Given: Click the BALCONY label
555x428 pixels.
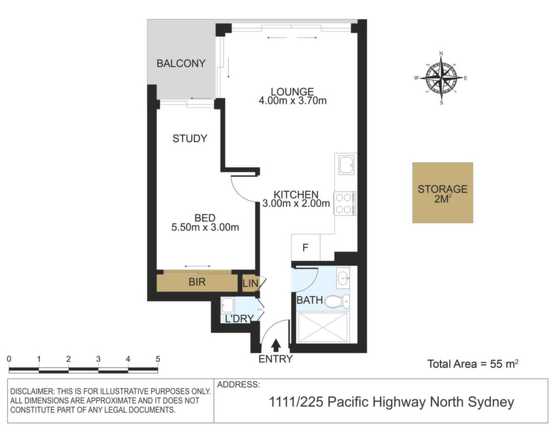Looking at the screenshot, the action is [181, 63].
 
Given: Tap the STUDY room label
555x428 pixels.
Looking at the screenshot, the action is [190, 138].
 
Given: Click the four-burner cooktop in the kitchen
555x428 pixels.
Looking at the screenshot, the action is [345, 203].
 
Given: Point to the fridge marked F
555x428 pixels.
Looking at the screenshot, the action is [306, 248].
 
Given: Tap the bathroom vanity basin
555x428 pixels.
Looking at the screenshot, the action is [343, 278].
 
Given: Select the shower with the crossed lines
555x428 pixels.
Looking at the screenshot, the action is [323, 328].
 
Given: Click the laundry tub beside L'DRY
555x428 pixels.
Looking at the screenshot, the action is [227, 305].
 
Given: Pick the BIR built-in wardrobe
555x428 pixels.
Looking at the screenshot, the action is [197, 282].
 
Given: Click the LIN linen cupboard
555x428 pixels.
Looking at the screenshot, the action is [250, 283].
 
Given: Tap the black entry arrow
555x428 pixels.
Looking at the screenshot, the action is [276, 345].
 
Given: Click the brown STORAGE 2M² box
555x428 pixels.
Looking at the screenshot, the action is [442, 193].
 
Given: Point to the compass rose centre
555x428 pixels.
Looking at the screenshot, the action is [441, 77].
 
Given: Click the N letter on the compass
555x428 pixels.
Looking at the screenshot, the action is [441, 54].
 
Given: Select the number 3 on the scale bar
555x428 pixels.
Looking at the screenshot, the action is [98, 359].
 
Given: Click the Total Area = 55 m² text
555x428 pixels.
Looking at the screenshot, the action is [473, 364].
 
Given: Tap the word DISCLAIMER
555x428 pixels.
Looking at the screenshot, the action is [32, 392].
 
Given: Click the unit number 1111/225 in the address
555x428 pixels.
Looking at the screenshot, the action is [296, 402].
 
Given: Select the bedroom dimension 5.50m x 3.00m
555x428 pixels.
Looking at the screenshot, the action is [205, 227].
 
